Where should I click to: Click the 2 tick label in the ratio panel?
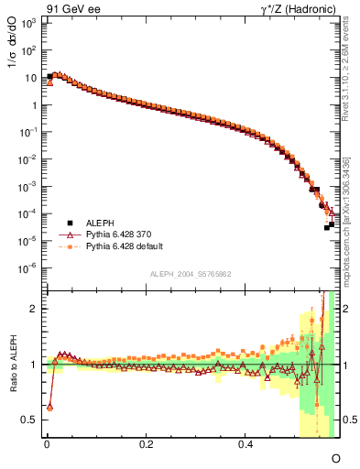tap(34, 309)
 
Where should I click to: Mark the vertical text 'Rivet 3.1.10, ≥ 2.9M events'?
tap(353, 73)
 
